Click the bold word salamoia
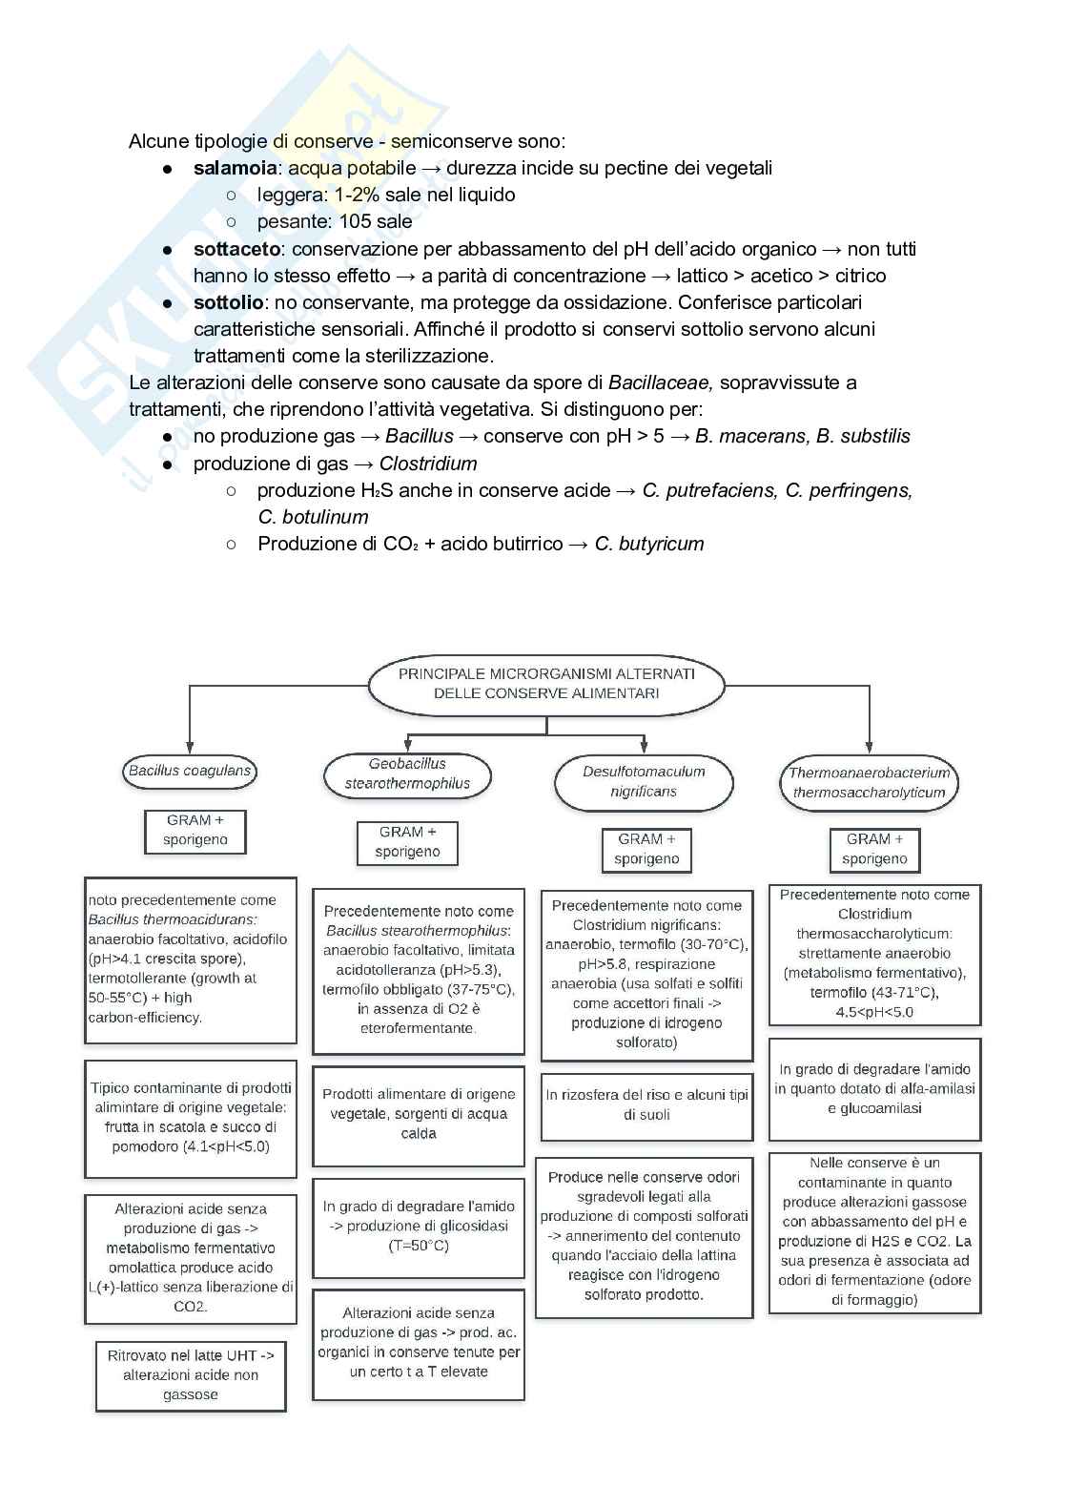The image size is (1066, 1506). [x=235, y=168]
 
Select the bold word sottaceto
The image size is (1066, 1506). [x=236, y=249]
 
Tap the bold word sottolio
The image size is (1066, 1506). [x=228, y=302]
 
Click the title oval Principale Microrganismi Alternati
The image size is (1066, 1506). [x=546, y=684]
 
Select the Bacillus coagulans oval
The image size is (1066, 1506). [x=190, y=771]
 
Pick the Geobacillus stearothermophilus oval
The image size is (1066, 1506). [x=407, y=774]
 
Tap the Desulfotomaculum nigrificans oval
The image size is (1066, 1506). [x=644, y=781]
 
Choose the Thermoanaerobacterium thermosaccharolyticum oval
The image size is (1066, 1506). [x=869, y=782]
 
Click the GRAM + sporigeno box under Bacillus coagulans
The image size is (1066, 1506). [x=195, y=830]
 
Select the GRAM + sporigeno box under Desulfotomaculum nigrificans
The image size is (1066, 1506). [x=646, y=849]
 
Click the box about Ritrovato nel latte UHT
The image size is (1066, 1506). [x=191, y=1374]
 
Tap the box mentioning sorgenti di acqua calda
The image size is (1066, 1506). [x=419, y=1114]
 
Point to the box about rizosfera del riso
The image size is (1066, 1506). [x=646, y=1105]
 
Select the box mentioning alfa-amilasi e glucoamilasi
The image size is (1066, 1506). [x=874, y=1089]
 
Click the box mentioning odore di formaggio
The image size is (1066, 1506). [x=874, y=1232]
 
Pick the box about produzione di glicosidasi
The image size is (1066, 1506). [x=419, y=1226]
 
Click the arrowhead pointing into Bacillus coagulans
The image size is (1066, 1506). [x=190, y=747]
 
